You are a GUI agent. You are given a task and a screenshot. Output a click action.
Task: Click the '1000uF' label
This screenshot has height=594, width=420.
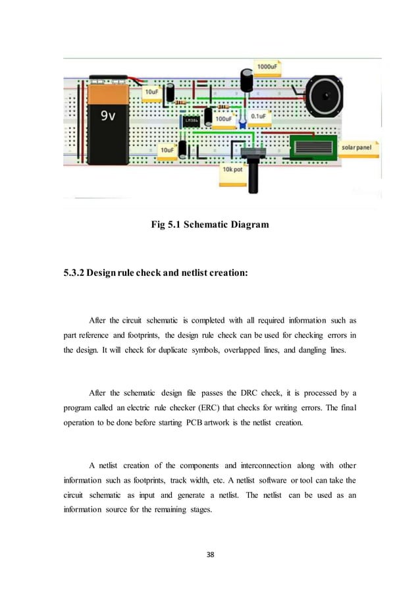267,67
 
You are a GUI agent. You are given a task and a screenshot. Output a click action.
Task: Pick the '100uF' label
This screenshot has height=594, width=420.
223,120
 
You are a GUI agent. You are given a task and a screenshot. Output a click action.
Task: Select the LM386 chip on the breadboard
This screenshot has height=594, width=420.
192,121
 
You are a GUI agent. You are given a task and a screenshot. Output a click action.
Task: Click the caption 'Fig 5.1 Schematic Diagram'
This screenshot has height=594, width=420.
210,225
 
